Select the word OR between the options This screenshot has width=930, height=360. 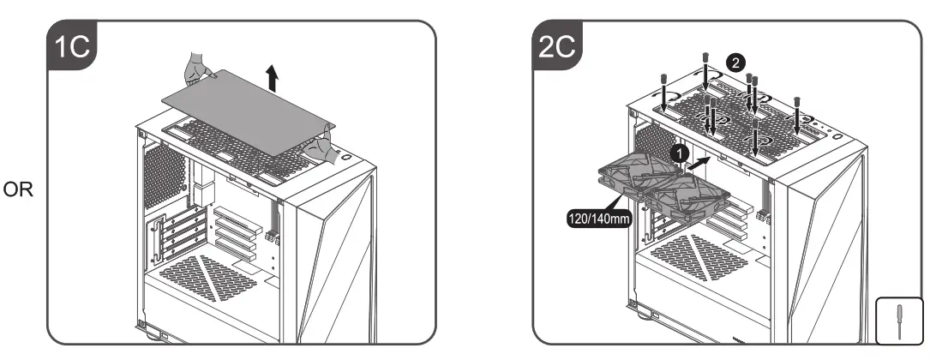(x=17, y=189)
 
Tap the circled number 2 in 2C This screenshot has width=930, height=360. (x=735, y=62)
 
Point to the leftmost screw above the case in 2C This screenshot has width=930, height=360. (x=663, y=86)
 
